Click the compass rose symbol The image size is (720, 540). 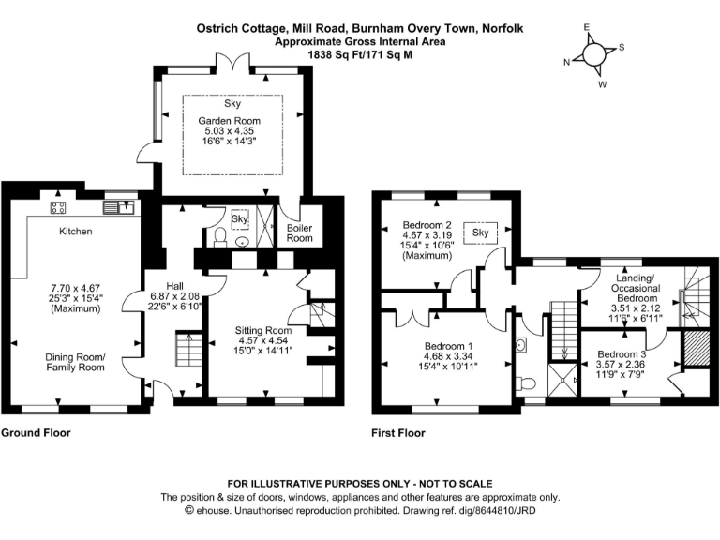594,54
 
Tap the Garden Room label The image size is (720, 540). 229,121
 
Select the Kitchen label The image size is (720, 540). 76,231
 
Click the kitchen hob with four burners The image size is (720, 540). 58,208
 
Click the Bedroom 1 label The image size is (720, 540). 448,346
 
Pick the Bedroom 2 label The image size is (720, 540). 427,225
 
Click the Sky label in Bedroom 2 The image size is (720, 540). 482,232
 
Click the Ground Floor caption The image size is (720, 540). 36,433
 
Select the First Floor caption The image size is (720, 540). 397,433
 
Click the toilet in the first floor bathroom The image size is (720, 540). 526,383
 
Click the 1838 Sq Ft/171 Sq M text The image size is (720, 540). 360,55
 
